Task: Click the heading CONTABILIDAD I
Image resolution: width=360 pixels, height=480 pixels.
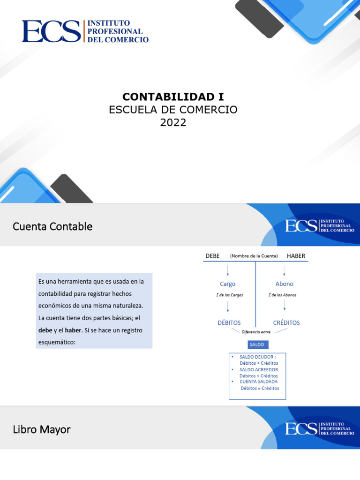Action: tap(173, 97)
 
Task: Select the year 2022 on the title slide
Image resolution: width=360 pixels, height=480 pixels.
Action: tap(173, 123)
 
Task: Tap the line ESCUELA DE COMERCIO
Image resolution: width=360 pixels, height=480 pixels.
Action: tap(173, 110)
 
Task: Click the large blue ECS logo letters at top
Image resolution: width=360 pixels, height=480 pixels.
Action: tap(51, 31)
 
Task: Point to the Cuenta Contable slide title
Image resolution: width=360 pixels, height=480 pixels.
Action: tap(52, 226)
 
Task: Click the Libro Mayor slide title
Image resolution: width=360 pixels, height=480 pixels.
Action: tap(41, 429)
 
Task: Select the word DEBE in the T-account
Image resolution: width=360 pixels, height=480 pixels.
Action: tap(212, 256)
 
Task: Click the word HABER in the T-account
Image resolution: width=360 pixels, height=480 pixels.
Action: tap(296, 256)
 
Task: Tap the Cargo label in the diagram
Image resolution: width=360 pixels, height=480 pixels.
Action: tap(227, 284)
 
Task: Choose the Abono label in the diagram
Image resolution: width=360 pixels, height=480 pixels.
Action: tap(284, 284)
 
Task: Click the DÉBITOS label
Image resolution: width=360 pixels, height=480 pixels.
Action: tap(229, 322)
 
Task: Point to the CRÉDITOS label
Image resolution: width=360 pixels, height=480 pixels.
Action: tap(286, 322)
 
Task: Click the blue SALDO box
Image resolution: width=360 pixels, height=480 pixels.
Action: tap(257, 345)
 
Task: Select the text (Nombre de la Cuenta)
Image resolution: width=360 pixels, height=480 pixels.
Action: tap(254, 256)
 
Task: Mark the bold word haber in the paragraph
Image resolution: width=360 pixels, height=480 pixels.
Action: tap(73, 330)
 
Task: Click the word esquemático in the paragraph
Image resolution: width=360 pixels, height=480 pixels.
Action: tap(56, 342)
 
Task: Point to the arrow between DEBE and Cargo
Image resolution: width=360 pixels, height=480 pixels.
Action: tap(228, 270)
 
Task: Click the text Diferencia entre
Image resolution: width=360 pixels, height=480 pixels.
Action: tap(256, 332)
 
